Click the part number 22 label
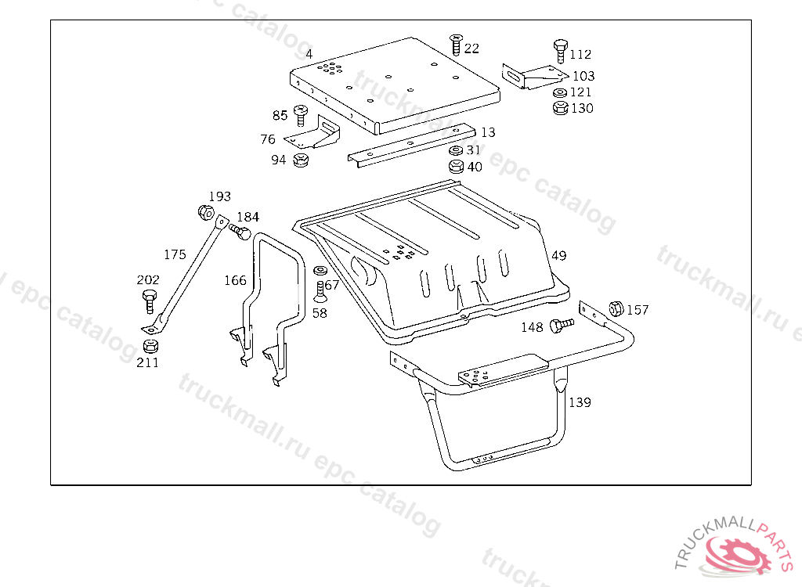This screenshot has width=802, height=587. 471,49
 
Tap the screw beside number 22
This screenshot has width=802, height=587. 456,45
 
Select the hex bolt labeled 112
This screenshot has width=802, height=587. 561,51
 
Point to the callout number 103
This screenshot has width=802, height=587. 583,76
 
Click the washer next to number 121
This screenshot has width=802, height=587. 560,93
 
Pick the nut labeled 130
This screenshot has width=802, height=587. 561,108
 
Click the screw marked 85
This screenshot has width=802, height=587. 300,115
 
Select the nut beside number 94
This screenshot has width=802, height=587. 301,160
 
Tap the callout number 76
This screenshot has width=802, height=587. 268,139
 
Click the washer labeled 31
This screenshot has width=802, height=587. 456,150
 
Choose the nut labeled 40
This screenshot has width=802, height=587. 456,166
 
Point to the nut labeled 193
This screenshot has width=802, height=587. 206,212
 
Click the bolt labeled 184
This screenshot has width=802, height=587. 240,231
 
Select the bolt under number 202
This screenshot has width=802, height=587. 150,301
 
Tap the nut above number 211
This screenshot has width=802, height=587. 150,346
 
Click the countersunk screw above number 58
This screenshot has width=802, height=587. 320,291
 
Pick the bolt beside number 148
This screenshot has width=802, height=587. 562,325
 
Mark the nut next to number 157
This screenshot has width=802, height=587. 616,308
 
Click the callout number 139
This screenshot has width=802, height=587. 580,402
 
